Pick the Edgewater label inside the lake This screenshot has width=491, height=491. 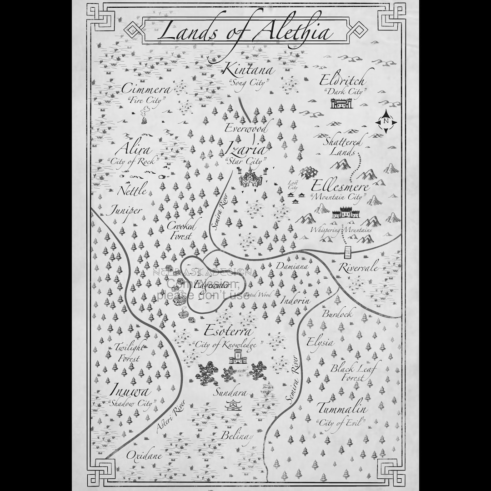pyautogui.click(x=205, y=285)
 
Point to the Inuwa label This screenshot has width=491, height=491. pyautogui.click(x=129, y=392)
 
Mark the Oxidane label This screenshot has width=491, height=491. pyautogui.click(x=144, y=455)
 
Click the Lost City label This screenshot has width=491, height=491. pyautogui.click(x=293, y=185)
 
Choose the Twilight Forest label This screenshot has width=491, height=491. pyautogui.click(x=129, y=352)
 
